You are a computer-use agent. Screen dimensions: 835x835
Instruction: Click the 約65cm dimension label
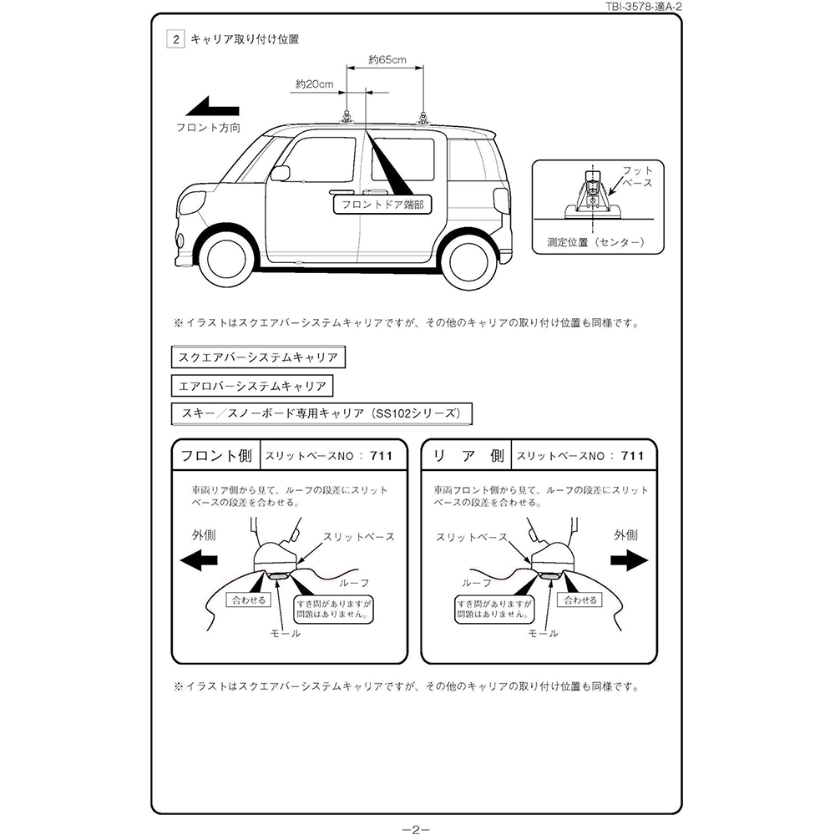tap(387, 59)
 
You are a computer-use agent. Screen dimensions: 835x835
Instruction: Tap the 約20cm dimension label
tap(315, 84)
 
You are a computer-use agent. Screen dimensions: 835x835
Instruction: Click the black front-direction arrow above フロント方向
tap(212, 106)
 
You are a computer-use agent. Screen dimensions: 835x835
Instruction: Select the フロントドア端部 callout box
tap(382, 205)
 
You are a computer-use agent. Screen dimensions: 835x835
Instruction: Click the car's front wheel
tap(225, 260)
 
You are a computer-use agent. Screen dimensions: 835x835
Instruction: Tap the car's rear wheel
tap(468, 261)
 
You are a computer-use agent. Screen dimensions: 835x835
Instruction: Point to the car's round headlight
tap(193, 203)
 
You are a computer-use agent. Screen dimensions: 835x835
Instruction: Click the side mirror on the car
tap(281, 173)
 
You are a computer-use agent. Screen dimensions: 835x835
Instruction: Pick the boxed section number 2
tap(175, 39)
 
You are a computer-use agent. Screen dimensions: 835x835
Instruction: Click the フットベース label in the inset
tap(637, 176)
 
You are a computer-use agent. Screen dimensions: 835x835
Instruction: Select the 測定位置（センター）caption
tap(596, 242)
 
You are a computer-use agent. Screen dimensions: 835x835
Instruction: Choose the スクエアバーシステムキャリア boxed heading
tap(258, 357)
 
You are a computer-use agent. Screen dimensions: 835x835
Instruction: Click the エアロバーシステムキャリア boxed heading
tap(252, 386)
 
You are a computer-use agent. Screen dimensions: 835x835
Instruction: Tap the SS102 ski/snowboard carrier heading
tap(321, 414)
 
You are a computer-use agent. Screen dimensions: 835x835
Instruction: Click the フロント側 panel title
tap(216, 456)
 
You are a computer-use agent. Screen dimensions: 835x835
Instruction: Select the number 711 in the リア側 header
tap(633, 456)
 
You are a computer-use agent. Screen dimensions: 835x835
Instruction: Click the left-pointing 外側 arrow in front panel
tap(199, 560)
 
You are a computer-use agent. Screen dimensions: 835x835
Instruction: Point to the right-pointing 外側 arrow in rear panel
tap(630, 560)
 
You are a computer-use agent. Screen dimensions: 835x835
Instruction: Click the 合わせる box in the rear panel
tap(580, 600)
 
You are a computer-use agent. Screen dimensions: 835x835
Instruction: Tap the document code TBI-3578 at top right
tap(644, 7)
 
